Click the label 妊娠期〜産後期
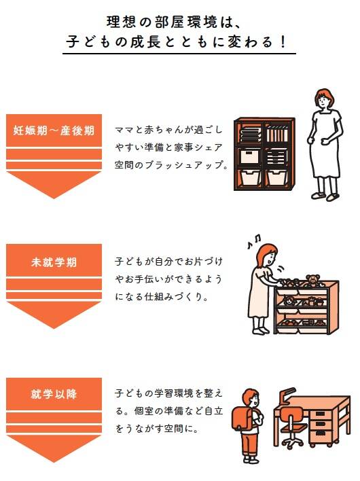point(54,130)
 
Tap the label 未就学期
point(54,262)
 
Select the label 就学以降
point(54,394)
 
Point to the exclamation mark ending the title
point(283,41)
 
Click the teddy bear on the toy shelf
point(312,281)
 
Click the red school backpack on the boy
point(242,418)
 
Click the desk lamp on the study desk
point(288,395)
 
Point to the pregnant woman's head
point(324,99)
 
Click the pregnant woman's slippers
point(325,196)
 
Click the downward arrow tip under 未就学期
point(54,328)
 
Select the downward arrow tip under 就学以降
point(54,461)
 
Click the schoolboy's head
point(251,399)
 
